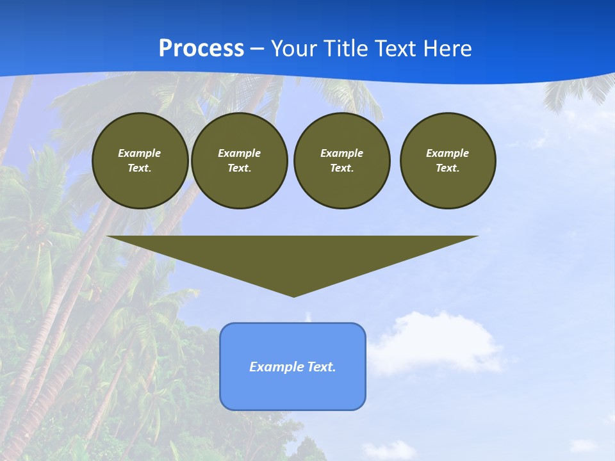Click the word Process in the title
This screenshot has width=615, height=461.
tap(201, 49)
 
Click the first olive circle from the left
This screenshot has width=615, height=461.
tap(140, 161)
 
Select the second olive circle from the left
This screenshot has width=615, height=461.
tap(239, 161)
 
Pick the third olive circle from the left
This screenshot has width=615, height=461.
tap(341, 161)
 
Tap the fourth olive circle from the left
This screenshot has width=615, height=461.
tap(448, 161)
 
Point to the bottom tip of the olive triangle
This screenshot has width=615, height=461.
tap(293, 295)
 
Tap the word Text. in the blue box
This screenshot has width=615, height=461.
tap(321, 367)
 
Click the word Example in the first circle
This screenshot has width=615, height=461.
tap(140, 153)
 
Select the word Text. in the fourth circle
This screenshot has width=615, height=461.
tap(448, 168)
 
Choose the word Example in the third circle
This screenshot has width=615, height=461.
tap(341, 153)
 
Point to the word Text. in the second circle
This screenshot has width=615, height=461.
tap(239, 168)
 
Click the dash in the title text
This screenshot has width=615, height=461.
tap(258, 49)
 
